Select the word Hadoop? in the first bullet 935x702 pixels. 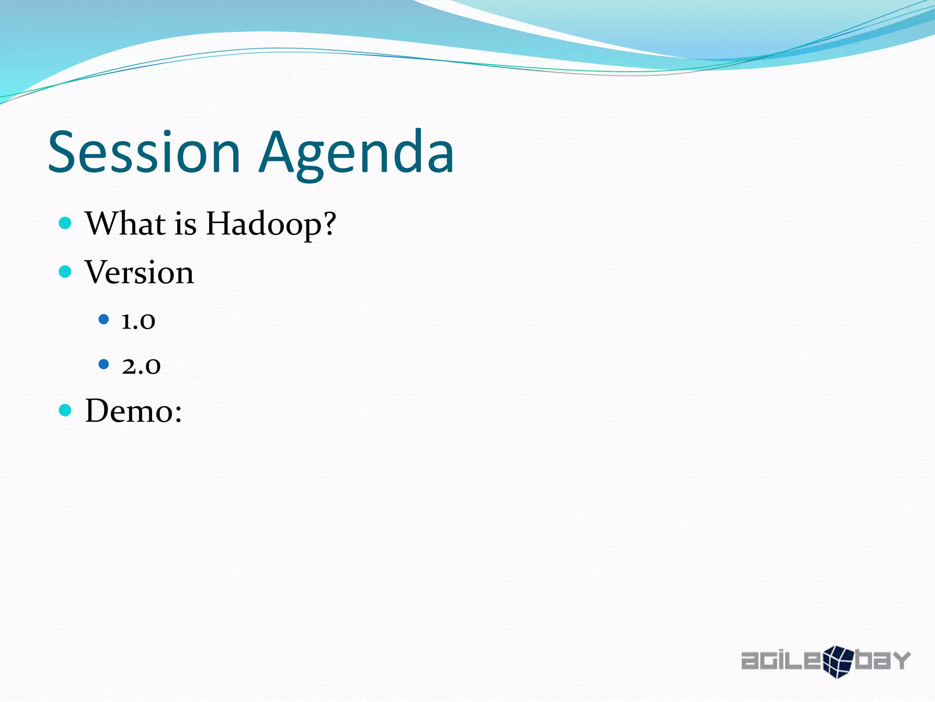coord(270,224)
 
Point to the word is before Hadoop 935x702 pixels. coord(185,224)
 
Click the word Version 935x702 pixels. coord(139,272)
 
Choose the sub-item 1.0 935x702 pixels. coord(138,321)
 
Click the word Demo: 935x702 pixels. coord(133,411)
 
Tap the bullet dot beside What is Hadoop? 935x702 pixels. coord(65,223)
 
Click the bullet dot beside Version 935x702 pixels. coord(65,272)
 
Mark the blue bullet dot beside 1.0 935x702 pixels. coord(104,319)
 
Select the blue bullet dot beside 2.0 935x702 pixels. coord(104,364)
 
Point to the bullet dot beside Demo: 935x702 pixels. coord(65,410)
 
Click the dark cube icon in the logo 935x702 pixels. coord(838,661)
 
